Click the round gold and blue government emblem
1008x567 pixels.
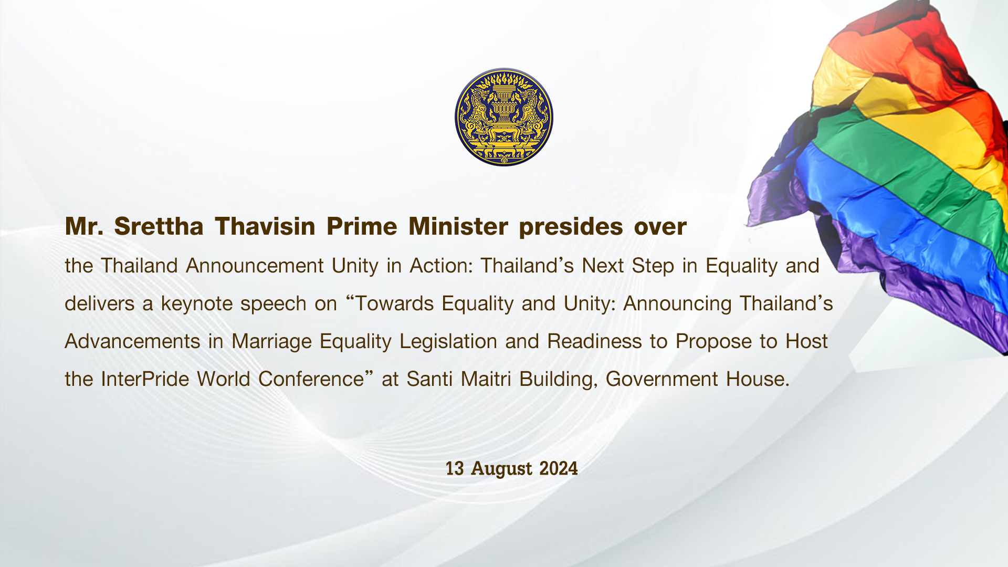click(x=504, y=117)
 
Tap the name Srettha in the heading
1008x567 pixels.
click(x=159, y=227)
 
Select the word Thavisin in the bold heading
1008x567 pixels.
click(x=265, y=227)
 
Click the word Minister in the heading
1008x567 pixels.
click(x=458, y=227)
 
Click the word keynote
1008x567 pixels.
click(x=196, y=304)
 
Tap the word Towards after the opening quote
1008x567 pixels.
click(x=394, y=304)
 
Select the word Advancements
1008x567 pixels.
click(x=132, y=342)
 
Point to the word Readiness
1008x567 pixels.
click(x=594, y=342)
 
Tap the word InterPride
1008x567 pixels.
click(x=145, y=380)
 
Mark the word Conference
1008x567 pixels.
click(x=311, y=380)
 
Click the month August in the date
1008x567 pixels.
click(x=501, y=469)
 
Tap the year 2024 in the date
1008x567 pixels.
click(x=559, y=468)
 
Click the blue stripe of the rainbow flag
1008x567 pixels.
click(x=892, y=210)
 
